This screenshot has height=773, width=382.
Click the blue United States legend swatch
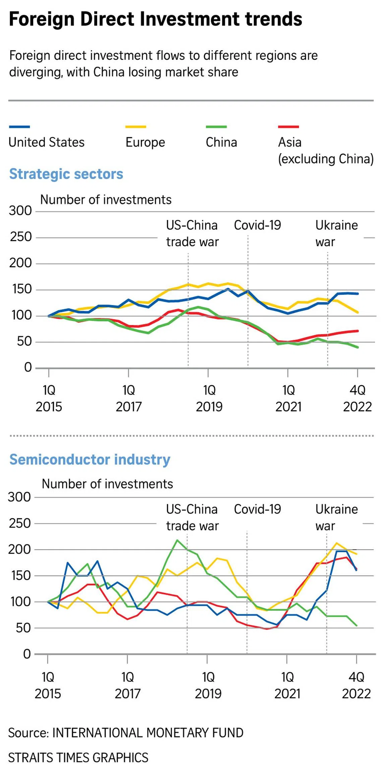click(19, 127)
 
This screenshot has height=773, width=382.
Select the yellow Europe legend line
click(135, 127)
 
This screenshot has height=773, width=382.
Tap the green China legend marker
click(216, 127)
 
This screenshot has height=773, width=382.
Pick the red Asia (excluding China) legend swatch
click(288, 127)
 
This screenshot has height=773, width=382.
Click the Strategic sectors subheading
click(66, 174)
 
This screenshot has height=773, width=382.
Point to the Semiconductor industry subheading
click(89, 459)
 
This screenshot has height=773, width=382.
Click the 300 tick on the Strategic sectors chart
click(20, 211)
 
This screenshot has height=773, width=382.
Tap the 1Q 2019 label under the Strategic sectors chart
click(209, 398)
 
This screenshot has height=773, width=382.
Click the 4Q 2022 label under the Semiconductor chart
click(356, 685)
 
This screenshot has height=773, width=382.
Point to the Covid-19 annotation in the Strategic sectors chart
click(257, 225)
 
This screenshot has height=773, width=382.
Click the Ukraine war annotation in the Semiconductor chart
click(336, 517)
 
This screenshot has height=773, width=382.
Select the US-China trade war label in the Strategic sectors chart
click(192, 233)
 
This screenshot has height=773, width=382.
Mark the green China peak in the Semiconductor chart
click(177, 540)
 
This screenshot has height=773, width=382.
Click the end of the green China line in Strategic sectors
click(358, 347)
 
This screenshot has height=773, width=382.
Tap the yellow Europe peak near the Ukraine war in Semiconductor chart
click(336, 543)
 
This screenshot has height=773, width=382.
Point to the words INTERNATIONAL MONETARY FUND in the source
click(148, 733)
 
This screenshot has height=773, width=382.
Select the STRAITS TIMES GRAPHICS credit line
click(78, 758)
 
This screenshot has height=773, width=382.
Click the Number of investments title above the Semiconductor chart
click(107, 484)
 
